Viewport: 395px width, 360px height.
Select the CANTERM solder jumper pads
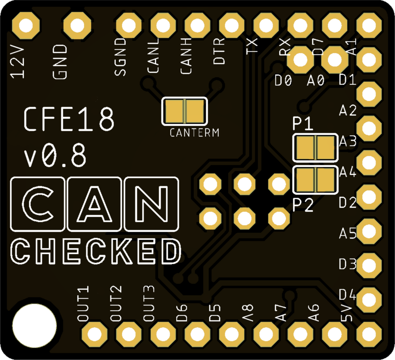click(x=184, y=111)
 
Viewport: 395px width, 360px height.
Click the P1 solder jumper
click(x=315, y=147)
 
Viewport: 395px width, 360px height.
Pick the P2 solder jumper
click(x=315, y=180)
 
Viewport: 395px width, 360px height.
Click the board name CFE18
click(x=69, y=119)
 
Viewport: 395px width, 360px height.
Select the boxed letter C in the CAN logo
click(x=37, y=204)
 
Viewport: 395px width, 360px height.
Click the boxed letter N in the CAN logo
click(x=152, y=204)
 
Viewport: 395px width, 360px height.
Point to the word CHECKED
click(x=95, y=252)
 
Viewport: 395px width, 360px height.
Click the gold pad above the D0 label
click(x=300, y=60)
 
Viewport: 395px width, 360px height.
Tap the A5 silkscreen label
click(x=348, y=233)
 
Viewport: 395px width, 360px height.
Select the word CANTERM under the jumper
click(x=194, y=133)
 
